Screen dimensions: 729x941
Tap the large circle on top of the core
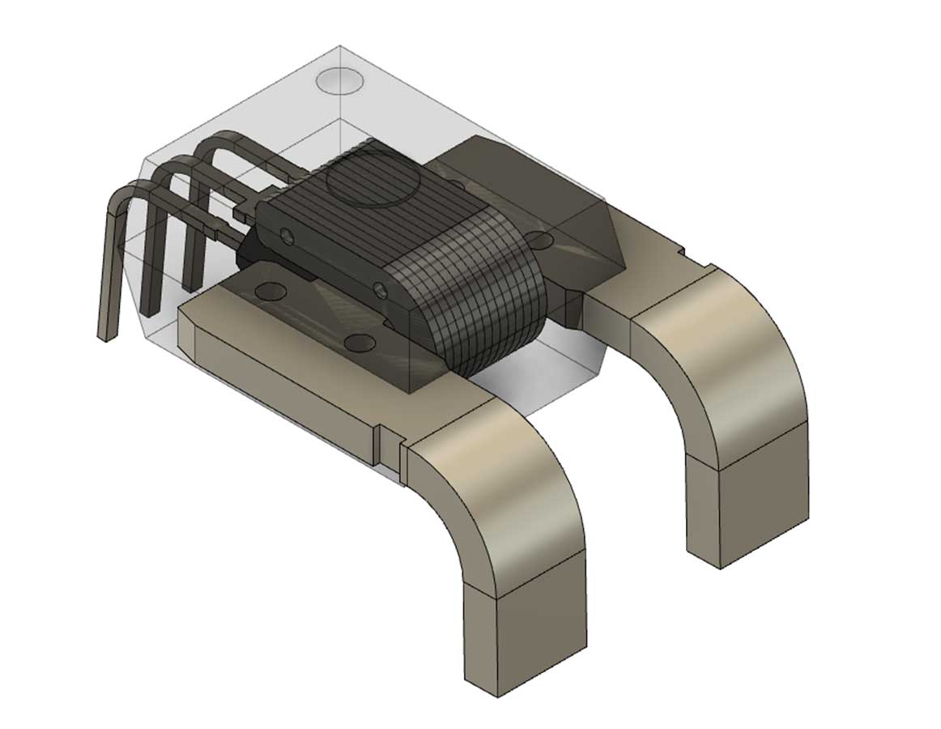coord(372,185)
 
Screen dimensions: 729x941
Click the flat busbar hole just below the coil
coord(361,343)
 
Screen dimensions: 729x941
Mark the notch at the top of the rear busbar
coord(688,258)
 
